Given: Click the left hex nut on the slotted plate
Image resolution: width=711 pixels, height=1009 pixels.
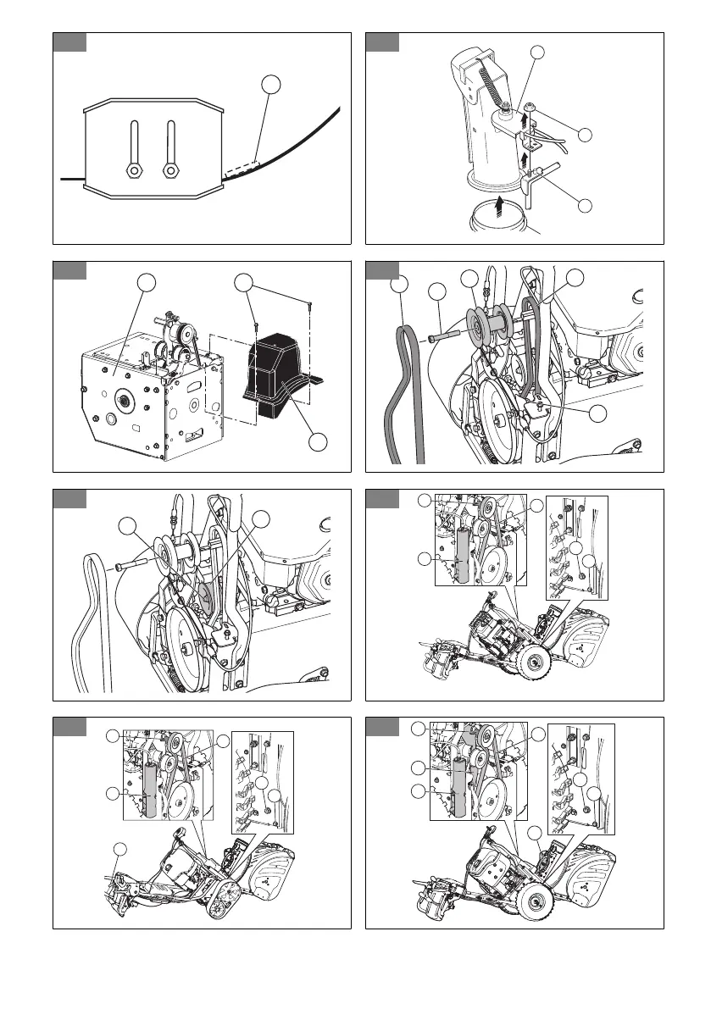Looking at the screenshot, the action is [134, 170].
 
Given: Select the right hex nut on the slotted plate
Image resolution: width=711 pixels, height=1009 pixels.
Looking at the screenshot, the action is [170, 170].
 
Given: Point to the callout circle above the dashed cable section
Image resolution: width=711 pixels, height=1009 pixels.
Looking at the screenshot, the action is [269, 84].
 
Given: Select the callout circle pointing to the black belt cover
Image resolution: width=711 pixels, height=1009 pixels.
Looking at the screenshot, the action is [318, 442].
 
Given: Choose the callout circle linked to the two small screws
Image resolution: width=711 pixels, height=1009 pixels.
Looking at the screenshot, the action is [244, 282].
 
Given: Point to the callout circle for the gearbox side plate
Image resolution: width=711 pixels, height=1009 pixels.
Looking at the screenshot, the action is [148, 283].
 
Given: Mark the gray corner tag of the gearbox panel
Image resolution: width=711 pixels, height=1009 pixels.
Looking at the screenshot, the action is [69, 270].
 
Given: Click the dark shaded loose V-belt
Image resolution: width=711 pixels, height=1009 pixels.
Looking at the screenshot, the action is [400, 381].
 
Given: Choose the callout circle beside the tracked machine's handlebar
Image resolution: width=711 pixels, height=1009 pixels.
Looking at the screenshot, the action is [121, 849].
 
